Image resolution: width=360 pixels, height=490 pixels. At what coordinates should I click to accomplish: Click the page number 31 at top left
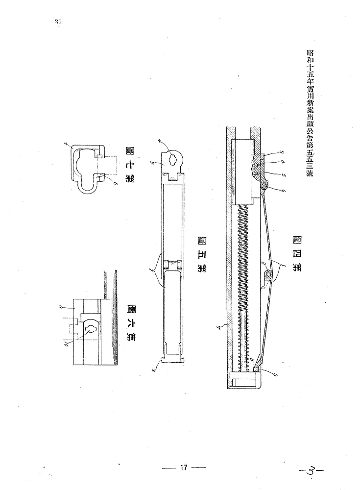tap(57, 22)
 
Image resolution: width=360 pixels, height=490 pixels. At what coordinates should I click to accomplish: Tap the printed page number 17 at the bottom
tap(184, 467)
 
